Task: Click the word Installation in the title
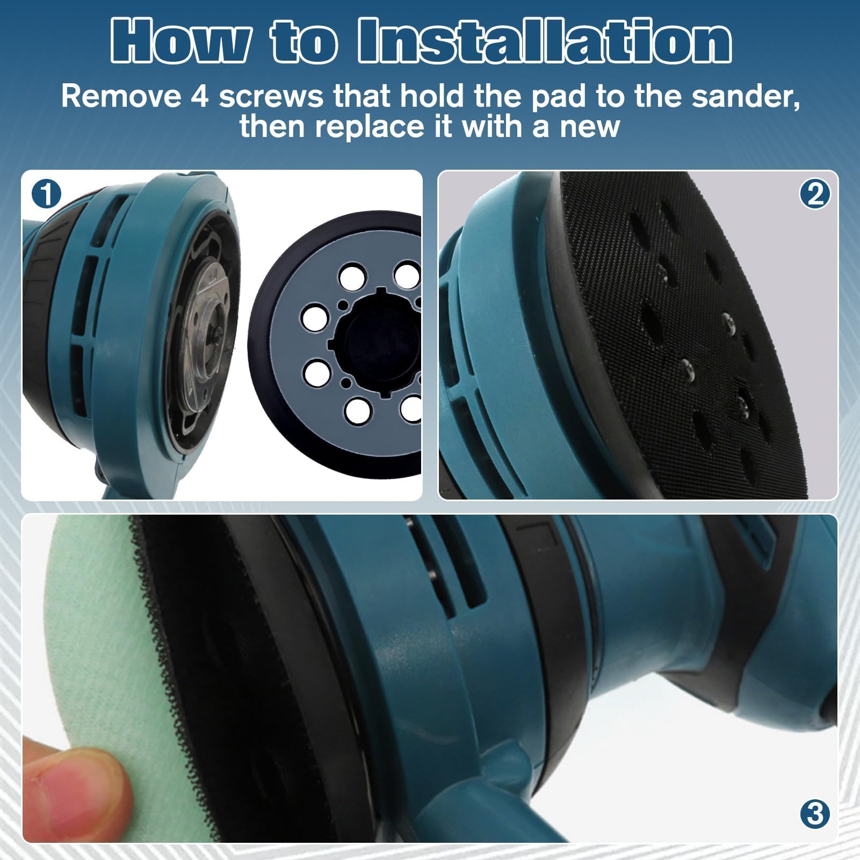coord(544,41)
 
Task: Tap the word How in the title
coord(180,41)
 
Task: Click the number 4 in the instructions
coord(199,97)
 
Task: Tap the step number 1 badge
coord(46,194)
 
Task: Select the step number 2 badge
coord(815,194)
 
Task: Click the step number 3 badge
coord(815,814)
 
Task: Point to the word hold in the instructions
coord(431,97)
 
